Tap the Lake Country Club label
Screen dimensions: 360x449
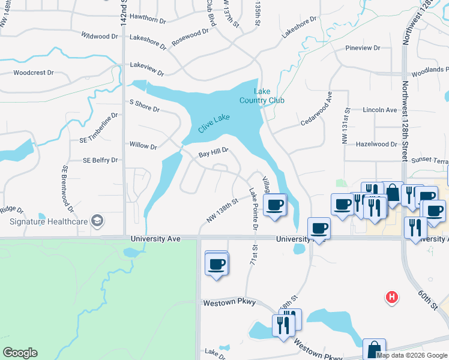click(x=262, y=96)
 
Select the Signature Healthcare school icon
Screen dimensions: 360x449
click(x=97, y=221)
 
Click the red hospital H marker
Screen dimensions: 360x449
click(x=391, y=296)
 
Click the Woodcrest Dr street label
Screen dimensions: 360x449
click(x=34, y=73)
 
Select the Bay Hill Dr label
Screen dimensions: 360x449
click(x=214, y=153)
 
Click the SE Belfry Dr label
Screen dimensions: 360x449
click(x=100, y=161)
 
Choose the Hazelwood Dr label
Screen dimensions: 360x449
click(x=376, y=145)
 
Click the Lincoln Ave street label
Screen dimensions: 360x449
click(x=380, y=110)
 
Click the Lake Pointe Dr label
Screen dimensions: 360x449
click(x=253, y=208)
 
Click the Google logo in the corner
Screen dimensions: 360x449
click(x=20, y=353)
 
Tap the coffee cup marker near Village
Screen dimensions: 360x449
click(x=276, y=206)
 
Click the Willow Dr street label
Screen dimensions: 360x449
click(x=143, y=145)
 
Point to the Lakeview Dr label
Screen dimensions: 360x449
click(x=146, y=69)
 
